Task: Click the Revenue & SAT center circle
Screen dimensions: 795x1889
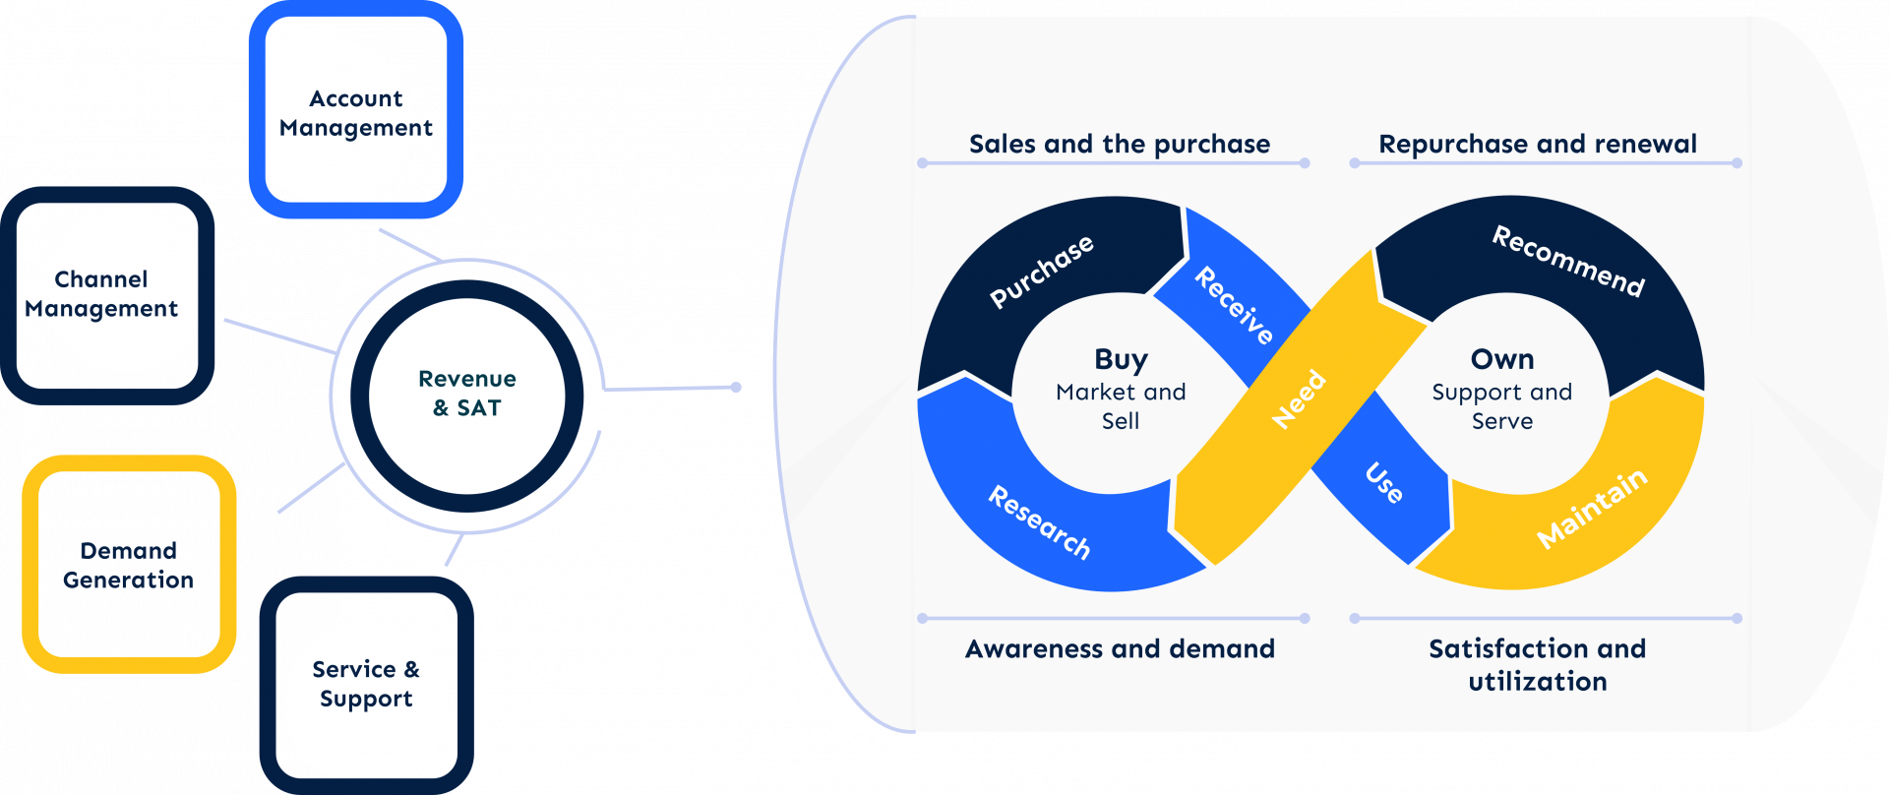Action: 467,394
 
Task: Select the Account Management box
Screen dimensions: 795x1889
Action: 355,113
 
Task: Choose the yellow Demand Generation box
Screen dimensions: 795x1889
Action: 129,565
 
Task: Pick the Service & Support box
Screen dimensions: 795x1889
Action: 366,685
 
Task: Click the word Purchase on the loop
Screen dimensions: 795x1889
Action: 1041,271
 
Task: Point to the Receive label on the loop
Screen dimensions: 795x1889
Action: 1234,305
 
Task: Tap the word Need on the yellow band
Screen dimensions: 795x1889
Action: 1299,398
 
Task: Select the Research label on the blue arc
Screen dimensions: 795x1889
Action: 1039,522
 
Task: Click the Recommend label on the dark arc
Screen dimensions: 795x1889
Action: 1568,261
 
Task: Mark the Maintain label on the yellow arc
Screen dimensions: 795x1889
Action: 1591,508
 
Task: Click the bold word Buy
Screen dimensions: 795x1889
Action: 1121,359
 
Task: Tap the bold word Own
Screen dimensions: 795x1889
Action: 1502,359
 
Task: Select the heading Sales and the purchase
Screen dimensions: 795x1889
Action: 1120,145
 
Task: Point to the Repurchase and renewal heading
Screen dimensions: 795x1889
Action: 1538,145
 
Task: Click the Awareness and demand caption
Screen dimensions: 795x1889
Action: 1120,649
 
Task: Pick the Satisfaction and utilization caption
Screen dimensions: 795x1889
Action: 1538,665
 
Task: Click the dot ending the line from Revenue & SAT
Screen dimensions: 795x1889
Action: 736,388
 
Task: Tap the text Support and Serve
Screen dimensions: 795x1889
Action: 1502,406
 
